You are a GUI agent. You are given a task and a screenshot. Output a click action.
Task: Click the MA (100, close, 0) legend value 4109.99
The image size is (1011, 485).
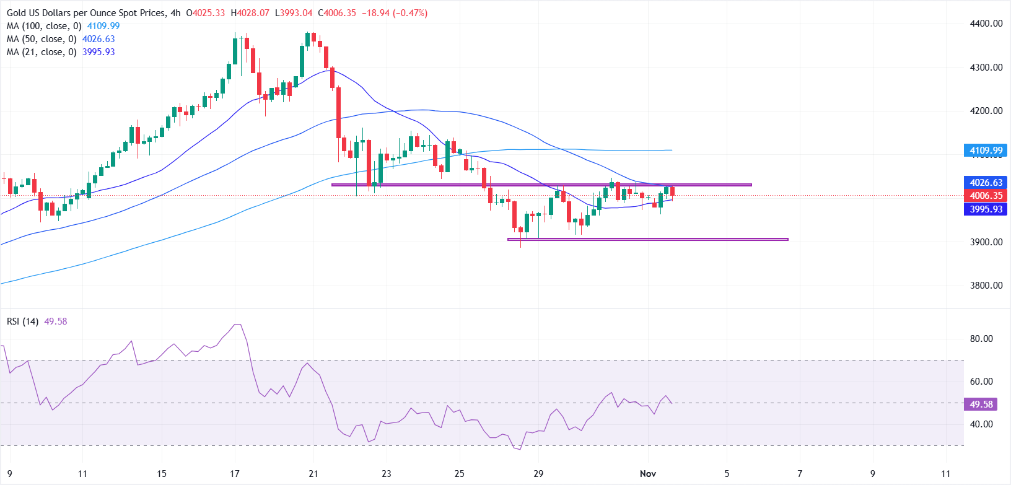tap(103, 26)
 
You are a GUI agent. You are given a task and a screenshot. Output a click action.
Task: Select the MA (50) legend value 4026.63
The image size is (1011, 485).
tap(98, 39)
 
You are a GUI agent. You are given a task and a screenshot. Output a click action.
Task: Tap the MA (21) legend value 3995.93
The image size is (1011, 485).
tap(98, 52)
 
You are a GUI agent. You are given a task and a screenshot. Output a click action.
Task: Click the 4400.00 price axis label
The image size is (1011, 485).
tap(986, 24)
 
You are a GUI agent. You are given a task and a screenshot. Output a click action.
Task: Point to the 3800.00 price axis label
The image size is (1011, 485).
tap(986, 286)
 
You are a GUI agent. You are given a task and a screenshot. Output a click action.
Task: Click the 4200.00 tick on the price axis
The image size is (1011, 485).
tap(986, 111)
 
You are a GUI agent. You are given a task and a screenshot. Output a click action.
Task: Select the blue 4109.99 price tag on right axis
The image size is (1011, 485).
tap(986, 151)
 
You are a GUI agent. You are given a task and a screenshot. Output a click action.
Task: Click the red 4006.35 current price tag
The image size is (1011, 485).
tap(986, 196)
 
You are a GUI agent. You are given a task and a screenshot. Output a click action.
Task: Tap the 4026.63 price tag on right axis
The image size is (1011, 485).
tap(986, 183)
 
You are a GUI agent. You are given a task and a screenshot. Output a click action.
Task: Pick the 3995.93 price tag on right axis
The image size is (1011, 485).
tap(986, 209)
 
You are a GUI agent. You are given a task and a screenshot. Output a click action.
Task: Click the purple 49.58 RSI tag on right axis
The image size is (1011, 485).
tap(981, 404)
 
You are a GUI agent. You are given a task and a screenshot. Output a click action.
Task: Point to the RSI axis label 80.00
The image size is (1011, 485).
tap(981, 339)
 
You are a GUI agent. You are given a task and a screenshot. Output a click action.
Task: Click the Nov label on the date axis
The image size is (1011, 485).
tap(648, 474)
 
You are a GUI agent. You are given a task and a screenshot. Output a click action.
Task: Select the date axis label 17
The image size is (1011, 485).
tap(235, 474)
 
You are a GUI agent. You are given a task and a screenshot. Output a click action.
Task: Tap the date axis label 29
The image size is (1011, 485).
tap(538, 474)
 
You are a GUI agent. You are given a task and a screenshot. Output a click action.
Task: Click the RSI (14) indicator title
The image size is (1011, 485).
tap(23, 321)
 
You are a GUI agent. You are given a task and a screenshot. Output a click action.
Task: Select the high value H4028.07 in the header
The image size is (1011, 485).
tap(250, 13)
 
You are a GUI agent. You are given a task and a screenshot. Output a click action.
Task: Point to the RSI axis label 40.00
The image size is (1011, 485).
tap(981, 424)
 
